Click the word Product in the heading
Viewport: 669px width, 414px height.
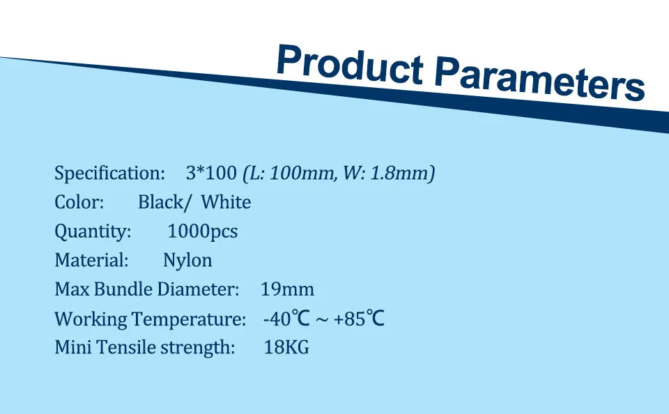coord(350,64)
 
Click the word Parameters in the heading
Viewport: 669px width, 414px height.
coord(539,79)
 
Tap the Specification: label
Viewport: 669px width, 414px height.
coord(109,174)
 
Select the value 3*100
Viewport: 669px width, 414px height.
coord(211,173)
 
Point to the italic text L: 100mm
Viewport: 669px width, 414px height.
coord(289,174)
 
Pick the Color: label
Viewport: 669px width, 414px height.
coord(79,202)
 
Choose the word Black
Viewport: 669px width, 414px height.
coord(161,202)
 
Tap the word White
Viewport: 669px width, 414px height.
coord(226,202)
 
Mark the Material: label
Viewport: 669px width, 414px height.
coord(91,260)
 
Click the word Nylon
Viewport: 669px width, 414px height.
coord(187,261)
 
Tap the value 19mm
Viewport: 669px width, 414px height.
coord(287,289)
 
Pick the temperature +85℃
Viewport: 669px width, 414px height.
coord(359,319)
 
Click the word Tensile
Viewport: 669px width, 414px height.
coord(126,347)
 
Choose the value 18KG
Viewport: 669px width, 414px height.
coord(286,347)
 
